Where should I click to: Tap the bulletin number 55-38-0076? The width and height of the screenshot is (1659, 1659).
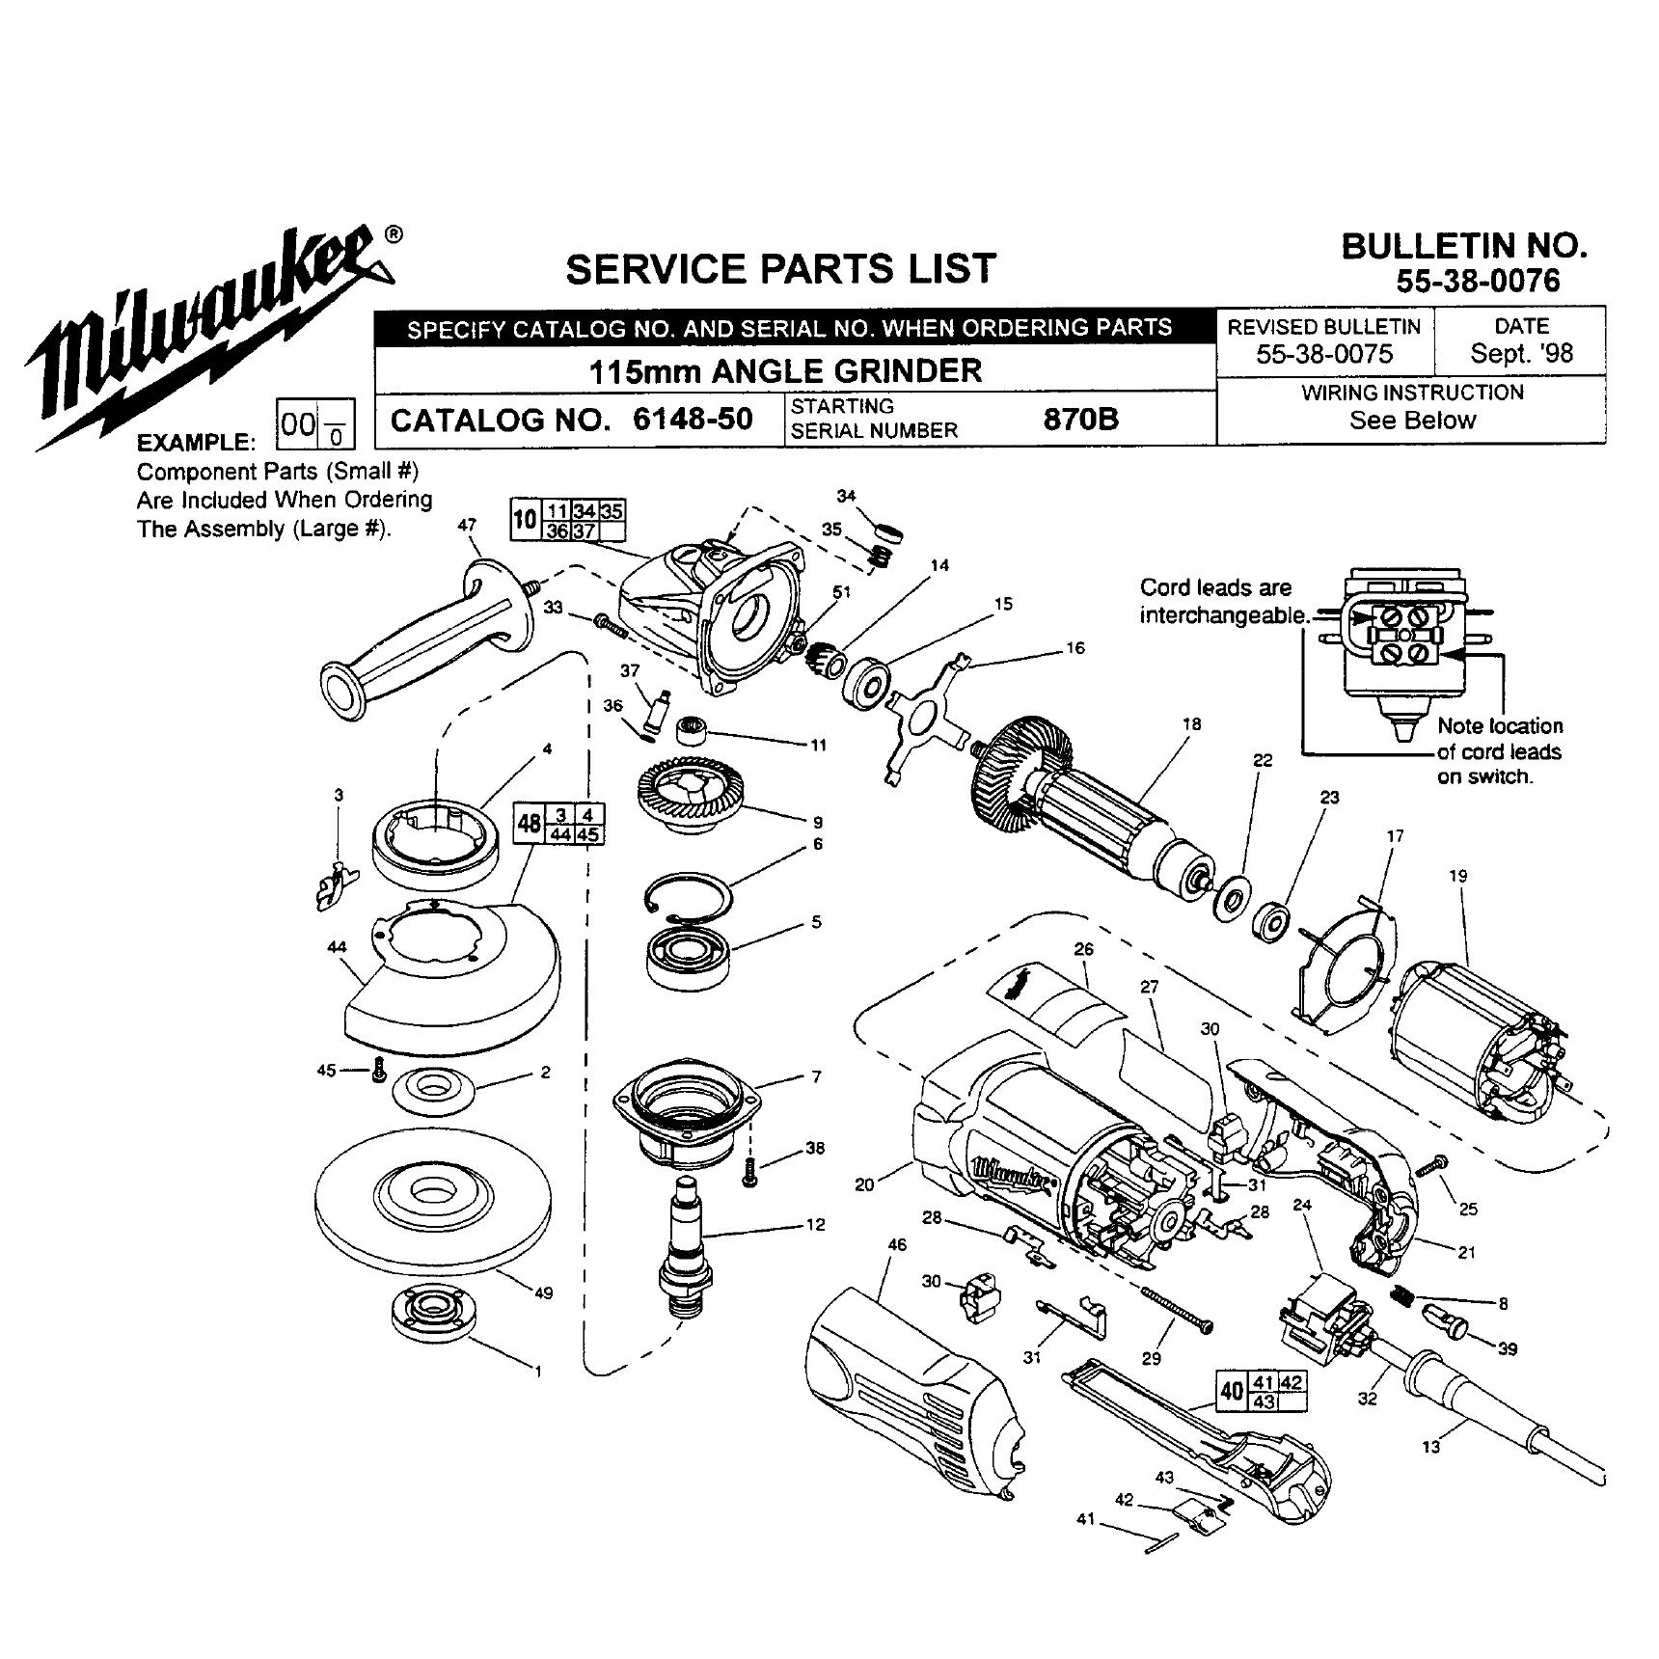tap(1478, 281)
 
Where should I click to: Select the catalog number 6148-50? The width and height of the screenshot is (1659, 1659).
tap(693, 420)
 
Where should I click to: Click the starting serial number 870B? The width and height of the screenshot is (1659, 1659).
tap(1080, 420)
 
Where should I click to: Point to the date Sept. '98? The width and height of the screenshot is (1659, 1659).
tap(1521, 353)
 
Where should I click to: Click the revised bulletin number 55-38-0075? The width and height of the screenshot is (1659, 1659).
tap(1324, 353)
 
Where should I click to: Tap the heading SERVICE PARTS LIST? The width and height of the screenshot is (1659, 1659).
tap(779, 269)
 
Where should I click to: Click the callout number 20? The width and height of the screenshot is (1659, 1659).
tap(864, 1183)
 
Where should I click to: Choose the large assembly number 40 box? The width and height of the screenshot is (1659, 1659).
tap(1232, 1392)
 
